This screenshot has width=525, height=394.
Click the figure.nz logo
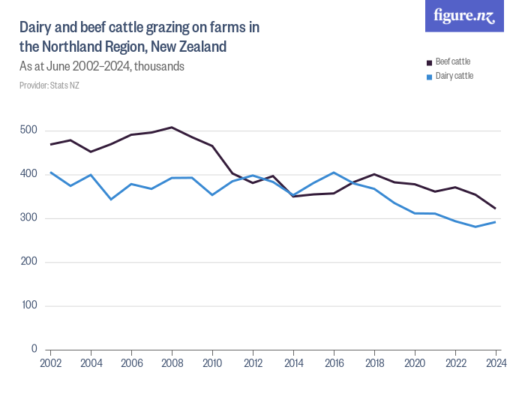coord(464,16)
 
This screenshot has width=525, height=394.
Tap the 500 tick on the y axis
coord(28,131)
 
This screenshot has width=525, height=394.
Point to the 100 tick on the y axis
coord(28,306)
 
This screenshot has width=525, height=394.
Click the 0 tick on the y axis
coord(34,350)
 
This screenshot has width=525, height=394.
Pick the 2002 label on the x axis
coord(50,363)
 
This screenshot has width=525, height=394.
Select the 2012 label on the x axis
coord(253,363)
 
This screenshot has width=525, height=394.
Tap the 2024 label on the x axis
coord(496,363)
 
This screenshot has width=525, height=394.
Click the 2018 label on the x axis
coord(374,363)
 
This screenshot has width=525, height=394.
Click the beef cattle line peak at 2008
coord(172,127)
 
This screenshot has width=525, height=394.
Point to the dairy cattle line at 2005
coord(111,199)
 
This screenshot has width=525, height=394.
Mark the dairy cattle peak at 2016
coord(334,173)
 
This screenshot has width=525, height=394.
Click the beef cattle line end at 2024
coord(496,209)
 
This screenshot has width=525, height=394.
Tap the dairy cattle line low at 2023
coord(475,227)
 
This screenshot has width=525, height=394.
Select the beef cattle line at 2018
coord(374,174)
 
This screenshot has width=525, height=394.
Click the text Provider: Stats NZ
coord(49,86)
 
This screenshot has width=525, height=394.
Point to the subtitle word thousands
coord(158,66)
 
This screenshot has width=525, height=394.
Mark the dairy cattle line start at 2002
coord(50,173)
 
